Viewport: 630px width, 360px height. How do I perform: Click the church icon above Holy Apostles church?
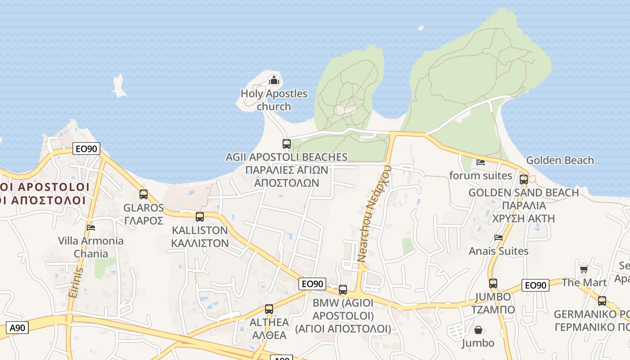[274, 81]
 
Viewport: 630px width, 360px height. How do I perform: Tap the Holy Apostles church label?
[274, 100]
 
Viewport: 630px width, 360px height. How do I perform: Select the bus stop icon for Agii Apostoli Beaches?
[287, 144]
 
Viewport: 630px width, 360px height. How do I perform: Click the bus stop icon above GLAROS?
[144, 194]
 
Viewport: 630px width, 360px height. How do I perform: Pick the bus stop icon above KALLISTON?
[200, 217]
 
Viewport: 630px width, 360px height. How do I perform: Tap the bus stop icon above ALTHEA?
[269, 309]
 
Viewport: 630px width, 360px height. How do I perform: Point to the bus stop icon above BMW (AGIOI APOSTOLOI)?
[343, 290]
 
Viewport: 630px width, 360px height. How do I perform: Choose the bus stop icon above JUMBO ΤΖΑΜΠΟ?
[493, 283]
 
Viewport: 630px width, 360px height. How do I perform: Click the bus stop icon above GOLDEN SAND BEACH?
[524, 180]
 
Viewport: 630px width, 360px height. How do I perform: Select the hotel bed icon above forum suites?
[481, 162]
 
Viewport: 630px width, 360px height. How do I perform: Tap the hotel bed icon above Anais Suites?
[499, 237]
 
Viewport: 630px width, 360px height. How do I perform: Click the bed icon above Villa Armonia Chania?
[91, 227]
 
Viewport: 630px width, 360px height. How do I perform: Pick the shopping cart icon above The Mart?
[584, 269]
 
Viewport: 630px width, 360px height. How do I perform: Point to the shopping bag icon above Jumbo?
[478, 330]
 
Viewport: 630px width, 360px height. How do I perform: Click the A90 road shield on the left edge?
[18, 328]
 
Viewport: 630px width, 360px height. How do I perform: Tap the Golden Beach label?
[560, 160]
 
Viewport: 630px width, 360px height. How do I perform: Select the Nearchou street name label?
[374, 214]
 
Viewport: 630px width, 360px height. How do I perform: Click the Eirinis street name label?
[76, 282]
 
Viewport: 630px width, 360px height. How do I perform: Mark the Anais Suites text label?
[499, 251]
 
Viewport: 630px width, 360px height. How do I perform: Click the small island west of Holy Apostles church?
[119, 86]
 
